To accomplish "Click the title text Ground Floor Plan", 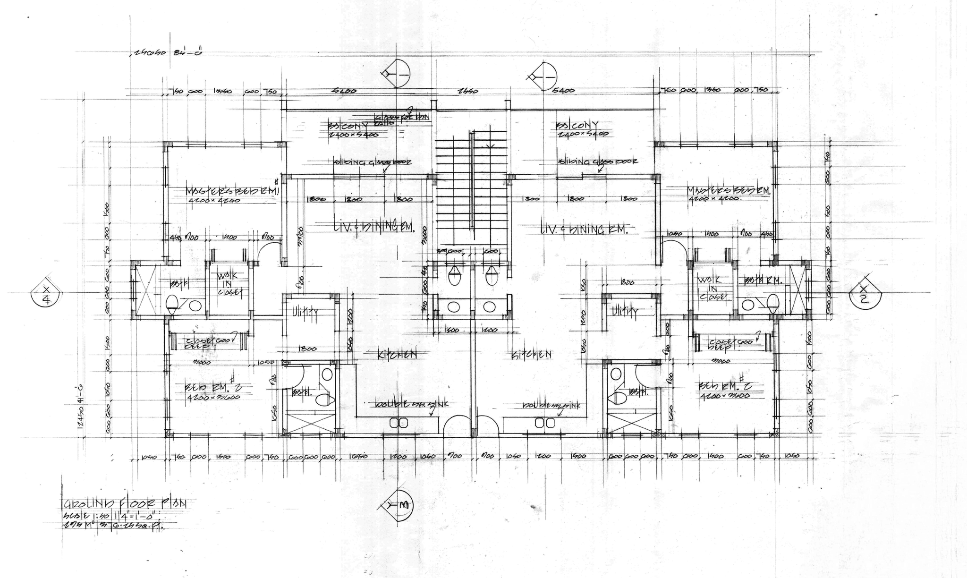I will pos(125,503).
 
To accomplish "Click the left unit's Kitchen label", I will pos(397,354).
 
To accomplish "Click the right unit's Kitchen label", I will pos(532,354).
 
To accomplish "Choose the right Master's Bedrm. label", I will pos(728,190).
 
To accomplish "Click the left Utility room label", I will pos(305,312).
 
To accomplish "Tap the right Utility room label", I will pos(624,311).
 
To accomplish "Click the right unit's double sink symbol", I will pos(544,423).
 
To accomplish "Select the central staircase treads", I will pos(453,189).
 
